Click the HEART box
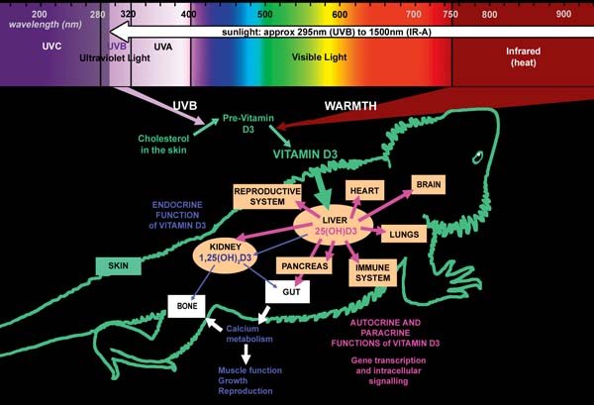[x=364, y=190]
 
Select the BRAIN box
[x=429, y=184]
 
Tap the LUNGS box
[x=404, y=234]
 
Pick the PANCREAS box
[x=304, y=266]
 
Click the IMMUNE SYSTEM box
[x=373, y=272]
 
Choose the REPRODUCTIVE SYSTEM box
[x=267, y=197]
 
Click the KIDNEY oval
[x=225, y=253]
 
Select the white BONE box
[x=186, y=306]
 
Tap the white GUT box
[x=287, y=292]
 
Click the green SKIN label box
[x=118, y=266]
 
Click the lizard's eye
[x=478, y=157]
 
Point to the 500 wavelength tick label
[x=264, y=14]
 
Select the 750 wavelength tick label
[x=450, y=15]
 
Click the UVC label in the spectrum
[x=51, y=47]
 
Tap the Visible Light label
[x=319, y=57]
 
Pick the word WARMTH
[x=350, y=106]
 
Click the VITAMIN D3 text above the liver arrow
[x=305, y=154]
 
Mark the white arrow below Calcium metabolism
[x=247, y=354]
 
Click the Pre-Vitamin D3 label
[x=248, y=124]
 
